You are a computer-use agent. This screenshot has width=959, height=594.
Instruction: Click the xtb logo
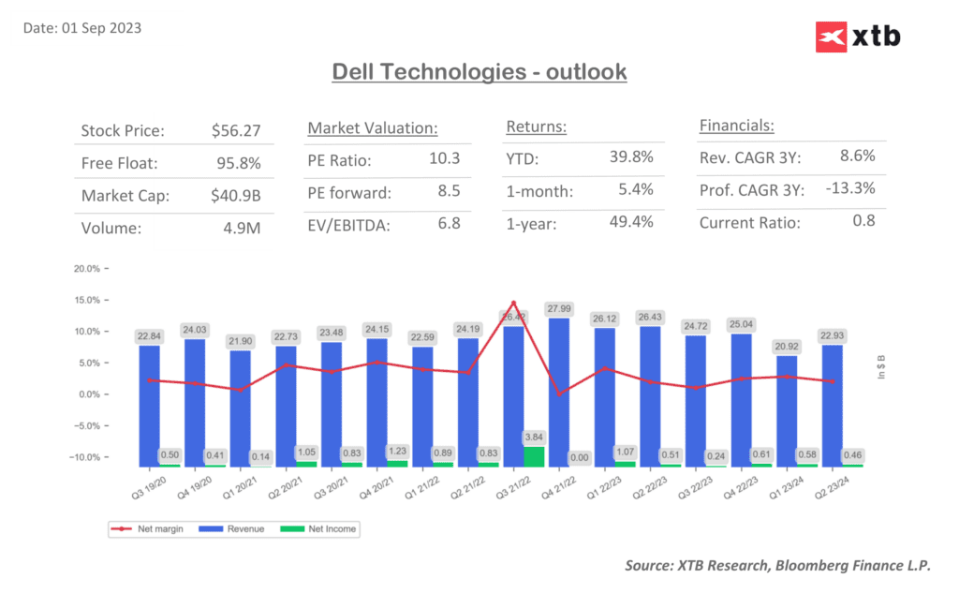click(x=858, y=37)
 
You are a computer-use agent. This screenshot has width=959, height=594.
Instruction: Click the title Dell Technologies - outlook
click(x=479, y=71)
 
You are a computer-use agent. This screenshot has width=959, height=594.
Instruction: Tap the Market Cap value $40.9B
click(x=236, y=196)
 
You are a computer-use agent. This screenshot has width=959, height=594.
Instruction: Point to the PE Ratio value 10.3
click(x=444, y=159)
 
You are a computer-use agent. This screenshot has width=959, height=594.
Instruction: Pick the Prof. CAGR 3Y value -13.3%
click(x=850, y=188)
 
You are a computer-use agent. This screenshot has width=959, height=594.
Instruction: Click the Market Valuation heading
click(x=373, y=127)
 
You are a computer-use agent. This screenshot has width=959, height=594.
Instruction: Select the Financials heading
click(x=736, y=126)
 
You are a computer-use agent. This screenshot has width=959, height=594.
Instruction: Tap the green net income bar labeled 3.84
click(x=534, y=456)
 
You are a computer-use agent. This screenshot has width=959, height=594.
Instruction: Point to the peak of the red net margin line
click(x=514, y=303)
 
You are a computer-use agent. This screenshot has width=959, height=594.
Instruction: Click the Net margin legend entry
click(x=140, y=529)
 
